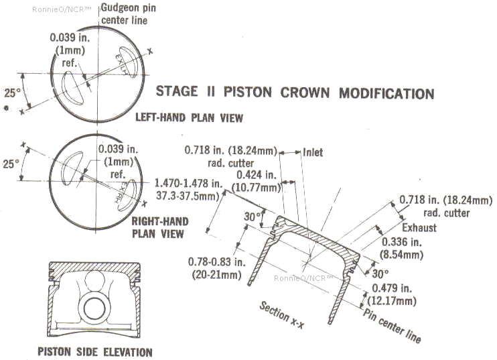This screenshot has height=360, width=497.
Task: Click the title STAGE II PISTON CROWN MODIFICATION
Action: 295,93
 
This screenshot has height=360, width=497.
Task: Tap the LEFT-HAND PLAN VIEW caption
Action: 189,118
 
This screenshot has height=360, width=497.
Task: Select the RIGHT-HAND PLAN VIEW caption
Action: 159,227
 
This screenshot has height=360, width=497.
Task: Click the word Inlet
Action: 312,152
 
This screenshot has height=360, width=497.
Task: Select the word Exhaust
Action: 419,228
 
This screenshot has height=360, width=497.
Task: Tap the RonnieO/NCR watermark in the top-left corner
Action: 57,10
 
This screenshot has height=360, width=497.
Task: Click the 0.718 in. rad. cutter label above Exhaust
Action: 435,206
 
